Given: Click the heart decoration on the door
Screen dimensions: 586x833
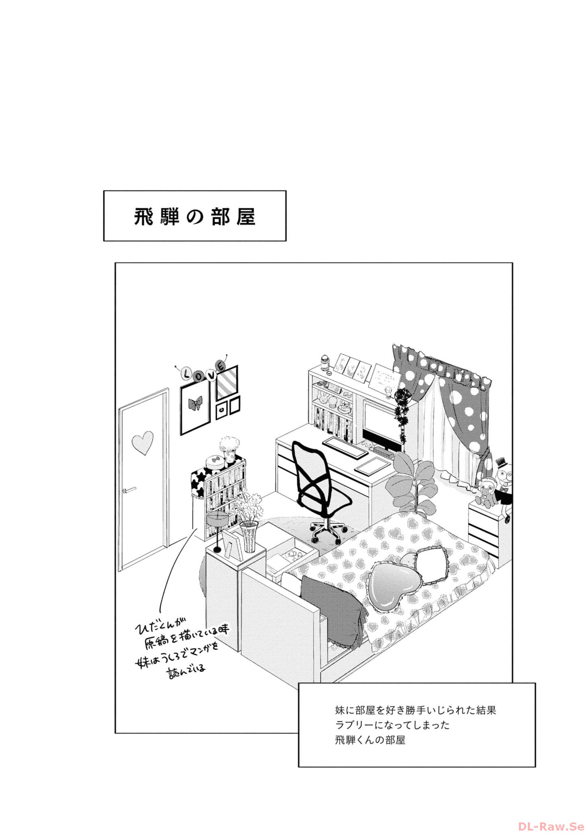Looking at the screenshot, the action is (x=143, y=443).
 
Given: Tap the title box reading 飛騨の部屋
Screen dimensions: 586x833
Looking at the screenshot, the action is (x=195, y=216).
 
